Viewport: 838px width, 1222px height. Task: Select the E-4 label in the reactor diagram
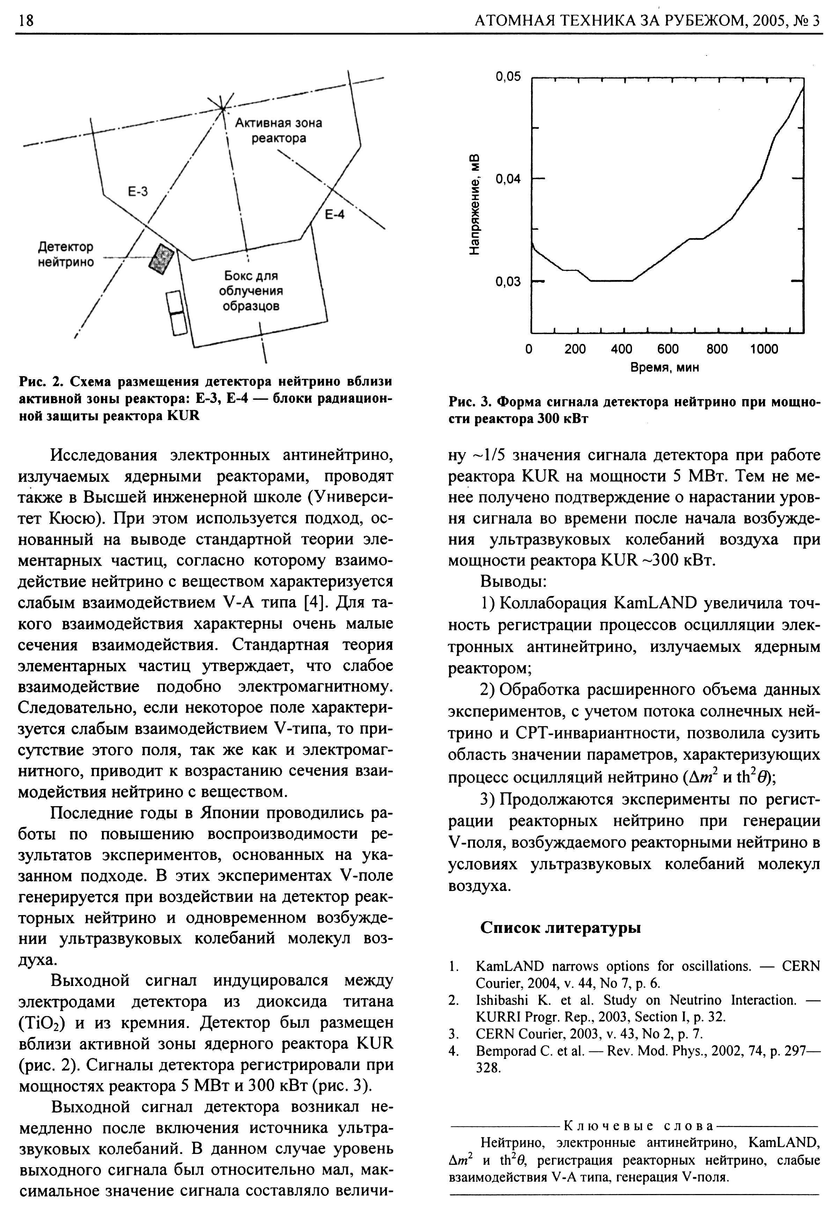tap(335, 214)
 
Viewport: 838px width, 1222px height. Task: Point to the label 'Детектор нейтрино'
tap(66, 255)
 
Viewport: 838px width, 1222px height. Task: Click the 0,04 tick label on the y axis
tap(508, 180)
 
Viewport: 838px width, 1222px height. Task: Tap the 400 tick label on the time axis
tap(622, 349)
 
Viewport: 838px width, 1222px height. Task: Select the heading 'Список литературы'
tap(560, 928)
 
